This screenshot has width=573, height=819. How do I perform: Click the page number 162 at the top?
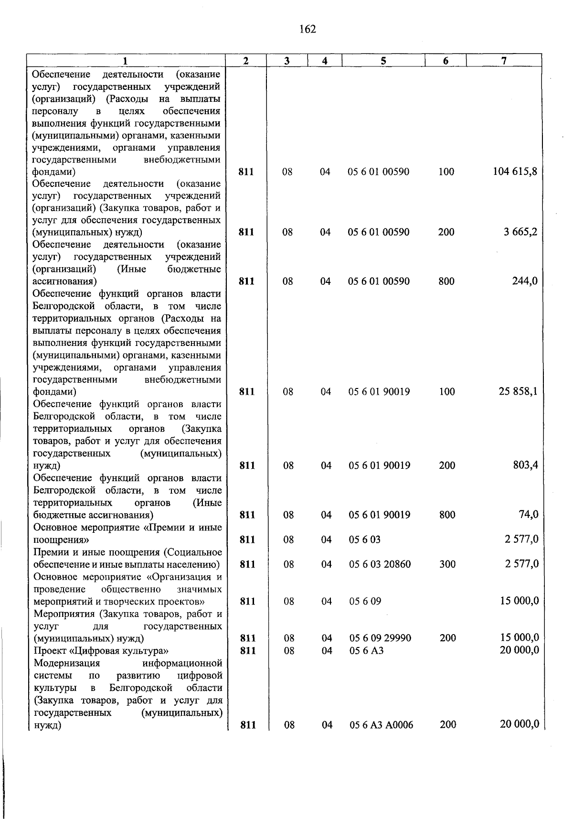tap(308, 30)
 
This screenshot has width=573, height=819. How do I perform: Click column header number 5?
tap(383, 61)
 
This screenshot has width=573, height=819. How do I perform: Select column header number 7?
tap(504, 61)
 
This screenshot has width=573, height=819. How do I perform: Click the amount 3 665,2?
tap(520, 232)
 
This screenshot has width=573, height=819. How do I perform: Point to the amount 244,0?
tap(525, 281)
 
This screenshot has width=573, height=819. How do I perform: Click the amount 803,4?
tap(526, 465)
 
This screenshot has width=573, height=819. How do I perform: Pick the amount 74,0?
tap(529, 515)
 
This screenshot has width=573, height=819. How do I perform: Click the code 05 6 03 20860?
tap(380, 564)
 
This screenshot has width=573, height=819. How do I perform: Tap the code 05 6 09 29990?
tap(380, 638)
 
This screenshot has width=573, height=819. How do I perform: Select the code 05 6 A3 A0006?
tap(381, 725)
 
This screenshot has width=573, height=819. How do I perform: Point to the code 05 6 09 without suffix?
tap(365, 601)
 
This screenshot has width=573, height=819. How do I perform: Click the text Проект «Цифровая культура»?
tap(101, 650)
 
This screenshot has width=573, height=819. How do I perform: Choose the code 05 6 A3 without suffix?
tap(366, 650)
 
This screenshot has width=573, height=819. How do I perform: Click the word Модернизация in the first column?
tap(67, 663)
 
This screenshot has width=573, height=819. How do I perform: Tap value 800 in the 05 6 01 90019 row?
tap(447, 515)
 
